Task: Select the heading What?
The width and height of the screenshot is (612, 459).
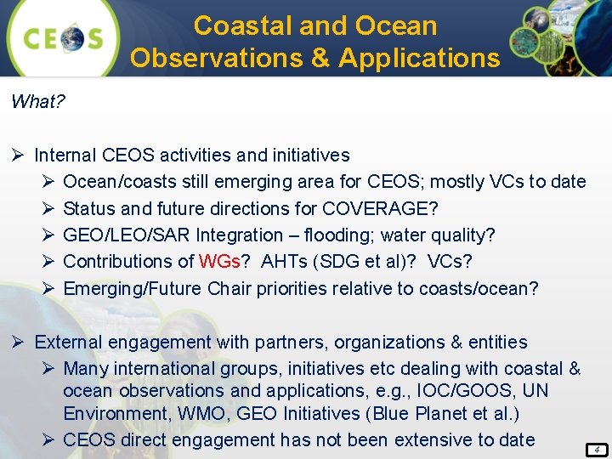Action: [38, 102]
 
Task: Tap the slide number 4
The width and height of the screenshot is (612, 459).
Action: [598, 448]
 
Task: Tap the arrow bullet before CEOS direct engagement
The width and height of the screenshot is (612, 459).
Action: [48, 440]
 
